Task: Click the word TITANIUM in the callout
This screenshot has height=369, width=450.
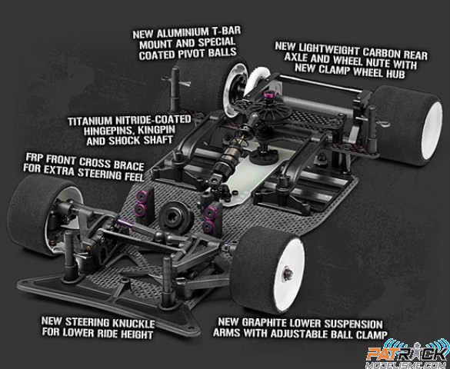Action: click(89, 121)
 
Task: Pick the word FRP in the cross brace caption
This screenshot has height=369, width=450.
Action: click(35, 158)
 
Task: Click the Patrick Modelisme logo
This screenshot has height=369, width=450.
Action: click(408, 354)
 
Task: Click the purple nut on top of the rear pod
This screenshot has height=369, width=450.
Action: click(268, 94)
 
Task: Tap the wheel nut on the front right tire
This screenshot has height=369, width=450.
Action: click(287, 274)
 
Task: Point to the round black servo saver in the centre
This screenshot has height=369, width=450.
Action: click(175, 214)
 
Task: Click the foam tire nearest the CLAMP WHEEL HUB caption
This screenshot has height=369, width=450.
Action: click(408, 125)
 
